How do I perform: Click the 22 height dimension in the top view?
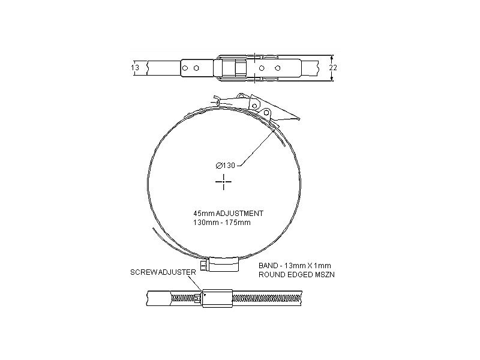click(334, 68)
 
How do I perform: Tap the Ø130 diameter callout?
click(225, 166)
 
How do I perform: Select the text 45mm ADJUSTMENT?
click(228, 213)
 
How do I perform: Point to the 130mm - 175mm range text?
click(221, 223)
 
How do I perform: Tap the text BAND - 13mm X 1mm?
click(295, 265)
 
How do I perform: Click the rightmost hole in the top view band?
click(277, 68)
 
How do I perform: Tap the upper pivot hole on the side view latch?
click(241, 96)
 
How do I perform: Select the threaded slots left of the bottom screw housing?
click(185, 298)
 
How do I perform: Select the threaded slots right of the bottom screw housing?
click(267, 298)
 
